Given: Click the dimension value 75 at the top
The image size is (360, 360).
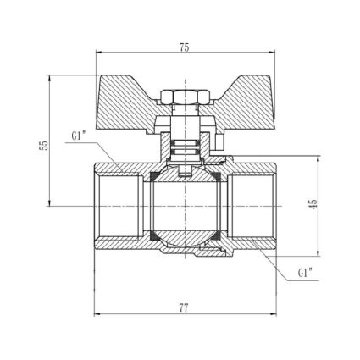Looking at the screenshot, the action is (184, 47).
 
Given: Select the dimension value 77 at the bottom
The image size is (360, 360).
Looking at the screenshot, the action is (184, 308).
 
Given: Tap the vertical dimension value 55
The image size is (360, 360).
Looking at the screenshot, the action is (44, 146).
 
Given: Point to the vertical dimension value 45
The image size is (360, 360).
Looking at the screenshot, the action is (313, 204).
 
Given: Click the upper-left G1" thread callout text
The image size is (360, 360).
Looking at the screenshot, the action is (78, 136).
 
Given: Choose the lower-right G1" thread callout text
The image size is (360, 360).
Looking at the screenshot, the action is (305, 274).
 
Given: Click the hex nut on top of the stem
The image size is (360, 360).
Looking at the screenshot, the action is (185, 97).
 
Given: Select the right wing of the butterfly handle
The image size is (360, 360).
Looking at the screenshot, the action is (243, 103).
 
